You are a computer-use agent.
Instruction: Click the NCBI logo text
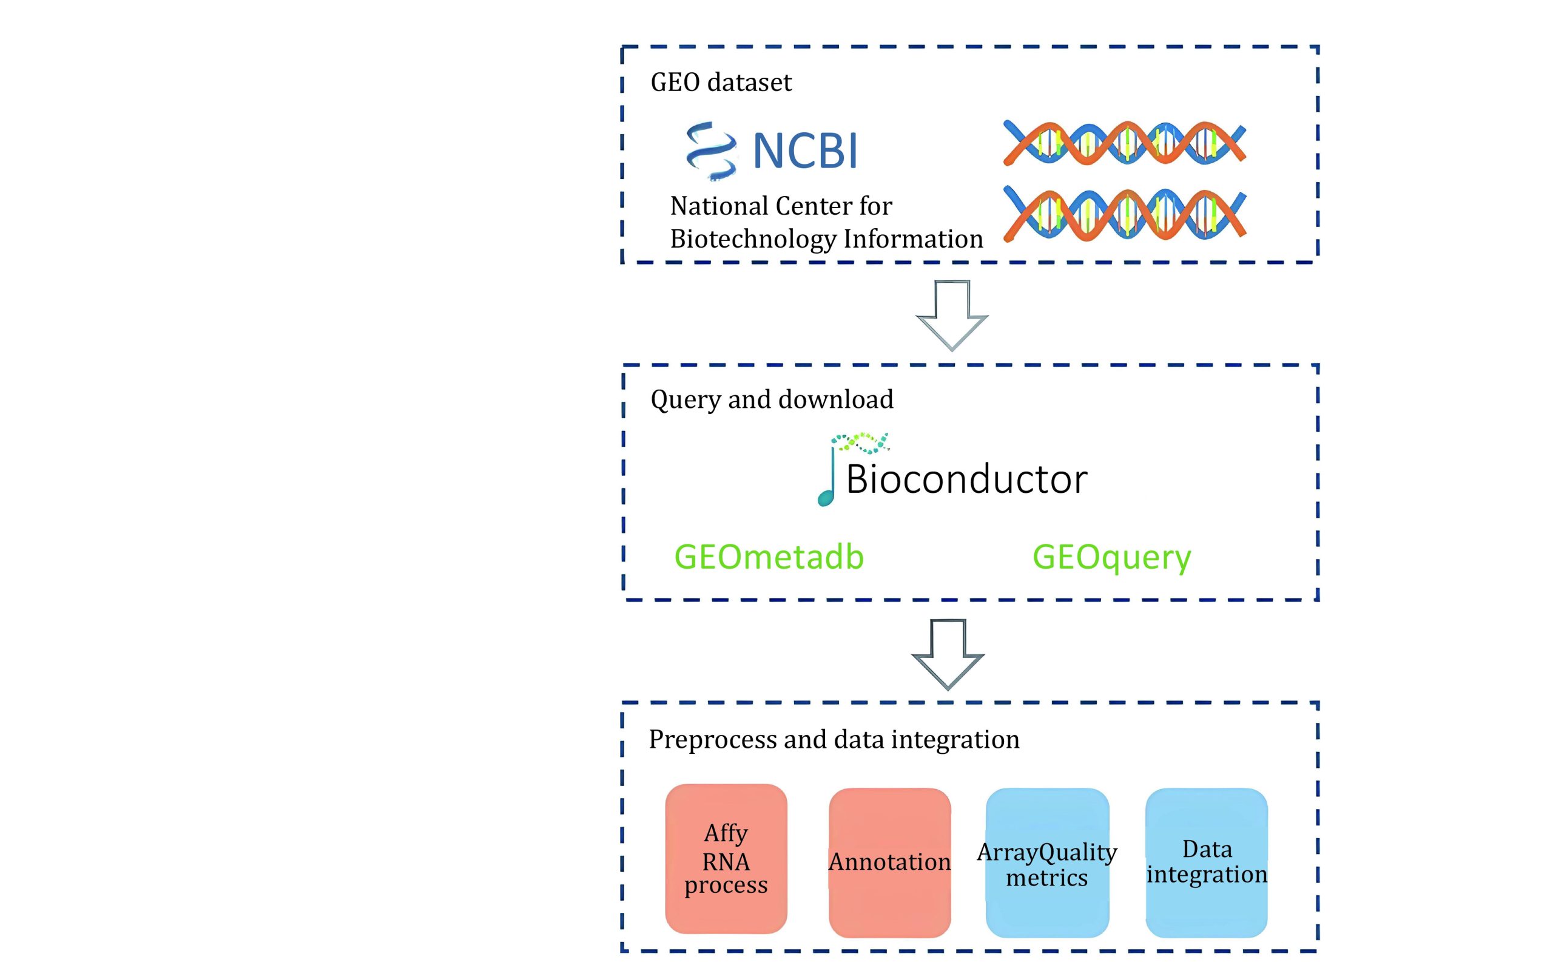pos(805,151)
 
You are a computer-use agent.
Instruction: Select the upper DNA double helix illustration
pos(1124,143)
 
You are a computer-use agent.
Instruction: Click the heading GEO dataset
pos(721,83)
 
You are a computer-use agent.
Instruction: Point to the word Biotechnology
pos(753,239)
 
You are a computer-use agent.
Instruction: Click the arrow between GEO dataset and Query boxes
pos(952,315)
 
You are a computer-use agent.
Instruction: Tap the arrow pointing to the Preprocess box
pos(948,654)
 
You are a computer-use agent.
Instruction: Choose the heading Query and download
pos(771,399)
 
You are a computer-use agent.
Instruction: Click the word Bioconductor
pos(966,479)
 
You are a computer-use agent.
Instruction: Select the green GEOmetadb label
pos(769,557)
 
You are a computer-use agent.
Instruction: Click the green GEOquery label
pos(1111,557)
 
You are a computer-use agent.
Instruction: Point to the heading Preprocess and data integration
pos(834,740)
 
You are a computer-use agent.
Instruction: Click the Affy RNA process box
pos(726,859)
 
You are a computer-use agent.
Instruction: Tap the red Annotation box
pos(889,862)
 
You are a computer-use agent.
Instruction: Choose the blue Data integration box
pos(1206,862)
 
